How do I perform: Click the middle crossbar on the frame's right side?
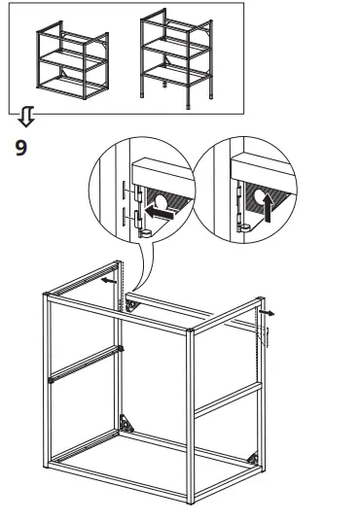click(x=228, y=400)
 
